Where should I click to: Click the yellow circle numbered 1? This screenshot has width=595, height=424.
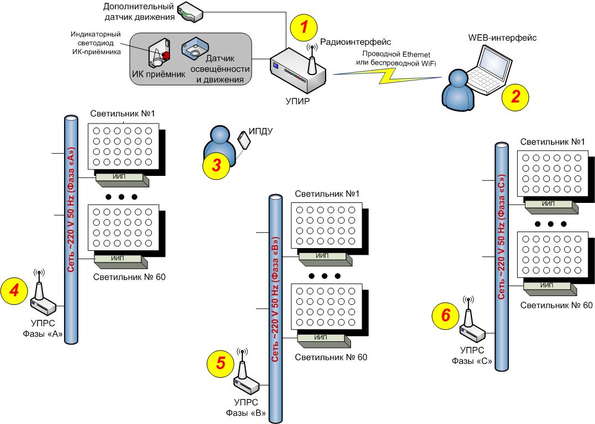304,28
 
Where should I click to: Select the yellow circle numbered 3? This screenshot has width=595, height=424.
217,165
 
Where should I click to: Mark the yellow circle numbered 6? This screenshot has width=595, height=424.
445,315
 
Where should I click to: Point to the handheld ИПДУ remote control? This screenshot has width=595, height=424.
244,139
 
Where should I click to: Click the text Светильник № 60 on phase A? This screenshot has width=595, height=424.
129,277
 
